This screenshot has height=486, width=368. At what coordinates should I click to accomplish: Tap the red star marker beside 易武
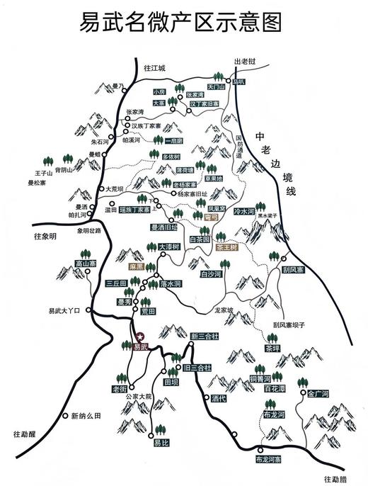click(x=140, y=336)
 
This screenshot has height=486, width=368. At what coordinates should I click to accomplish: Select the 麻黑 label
click(x=137, y=267)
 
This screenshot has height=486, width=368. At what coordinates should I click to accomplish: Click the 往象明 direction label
click(x=44, y=236)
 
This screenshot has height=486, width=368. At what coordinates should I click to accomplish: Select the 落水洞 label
click(x=171, y=283)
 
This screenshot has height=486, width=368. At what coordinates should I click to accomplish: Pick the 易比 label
click(x=161, y=443)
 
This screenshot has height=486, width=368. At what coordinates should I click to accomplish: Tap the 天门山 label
click(x=224, y=86)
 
